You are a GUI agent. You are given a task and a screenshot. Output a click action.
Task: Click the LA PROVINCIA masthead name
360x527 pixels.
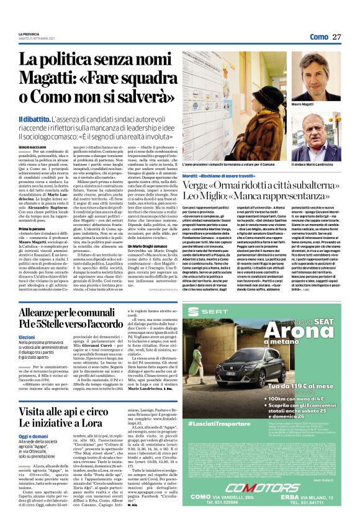pyautogui.click(x=30, y=34)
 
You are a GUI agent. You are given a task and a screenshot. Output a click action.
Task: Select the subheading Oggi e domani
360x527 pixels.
pyautogui.click(x=31, y=434)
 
